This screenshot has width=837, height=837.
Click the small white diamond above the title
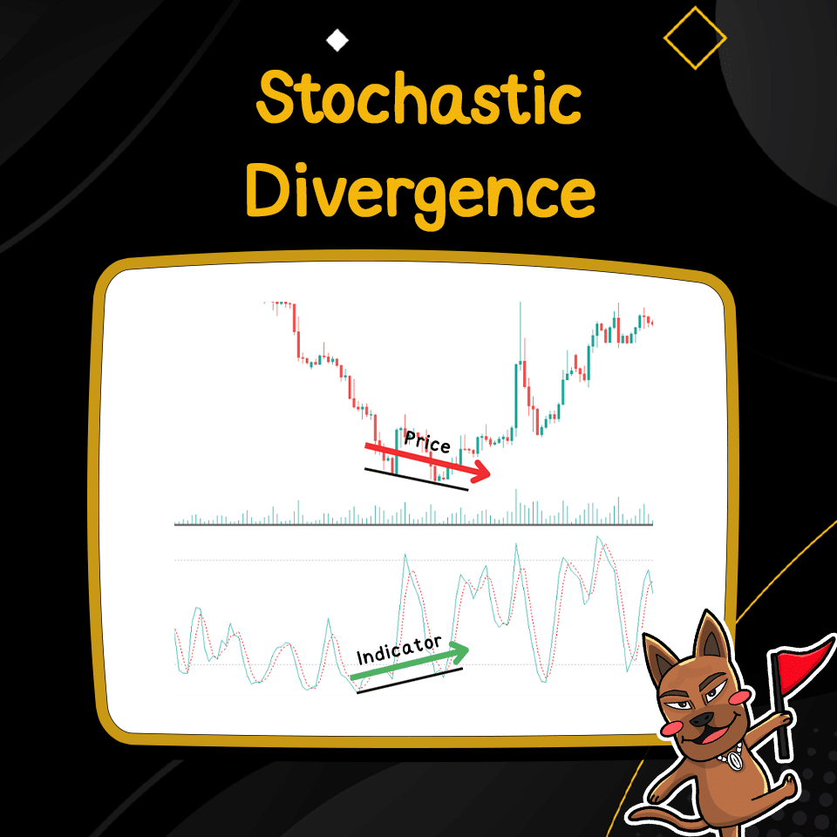[x=336, y=40]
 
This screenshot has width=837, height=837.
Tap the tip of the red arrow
[x=489, y=476]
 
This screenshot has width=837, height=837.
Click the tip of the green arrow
[x=466, y=649]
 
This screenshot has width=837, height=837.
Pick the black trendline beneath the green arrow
[x=410, y=681]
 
